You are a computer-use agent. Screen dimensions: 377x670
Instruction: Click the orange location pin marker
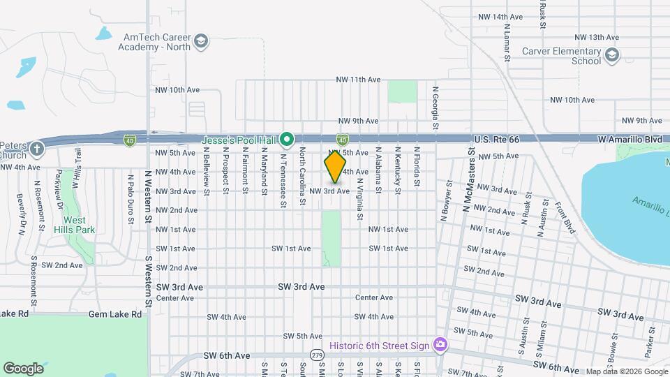tap(335, 167)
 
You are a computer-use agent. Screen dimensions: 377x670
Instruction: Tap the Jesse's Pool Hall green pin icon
tap(287, 140)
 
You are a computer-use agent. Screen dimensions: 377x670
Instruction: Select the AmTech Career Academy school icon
tap(201, 40)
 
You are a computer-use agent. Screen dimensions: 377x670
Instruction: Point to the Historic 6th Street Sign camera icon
tap(440, 344)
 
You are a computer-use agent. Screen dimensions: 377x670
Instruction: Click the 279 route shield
tap(318, 355)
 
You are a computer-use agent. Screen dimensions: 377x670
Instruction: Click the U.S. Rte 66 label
tap(498, 140)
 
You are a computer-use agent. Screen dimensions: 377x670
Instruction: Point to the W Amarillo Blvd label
tap(630, 140)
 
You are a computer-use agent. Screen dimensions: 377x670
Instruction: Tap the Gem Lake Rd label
tap(115, 314)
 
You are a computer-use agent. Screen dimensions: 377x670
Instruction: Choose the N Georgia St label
tap(435, 108)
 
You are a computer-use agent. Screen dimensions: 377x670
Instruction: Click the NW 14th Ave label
tap(500, 16)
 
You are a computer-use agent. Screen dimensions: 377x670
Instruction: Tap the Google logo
tap(23, 368)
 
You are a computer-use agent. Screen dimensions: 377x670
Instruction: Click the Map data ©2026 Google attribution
tap(626, 371)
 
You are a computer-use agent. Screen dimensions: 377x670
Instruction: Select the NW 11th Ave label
tap(358, 80)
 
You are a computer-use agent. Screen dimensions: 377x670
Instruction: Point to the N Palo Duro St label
tap(131, 199)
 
